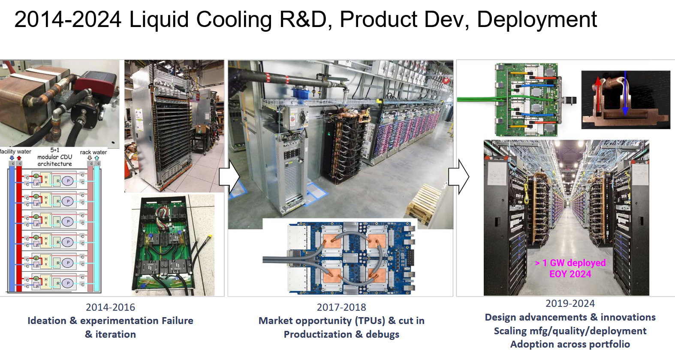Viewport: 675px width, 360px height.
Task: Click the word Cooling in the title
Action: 234,20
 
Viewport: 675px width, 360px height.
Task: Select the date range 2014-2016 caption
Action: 110,307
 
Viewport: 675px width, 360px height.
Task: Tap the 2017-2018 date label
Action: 341,307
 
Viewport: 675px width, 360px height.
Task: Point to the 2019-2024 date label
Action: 570,303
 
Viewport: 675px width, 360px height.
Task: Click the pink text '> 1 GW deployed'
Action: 570,263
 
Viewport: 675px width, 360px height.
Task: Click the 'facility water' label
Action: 15,152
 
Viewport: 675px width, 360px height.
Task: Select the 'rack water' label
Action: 93,152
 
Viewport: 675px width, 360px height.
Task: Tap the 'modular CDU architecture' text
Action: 55,160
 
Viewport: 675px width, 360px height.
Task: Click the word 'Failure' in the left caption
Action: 177,321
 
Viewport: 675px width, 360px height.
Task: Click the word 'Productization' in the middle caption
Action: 318,334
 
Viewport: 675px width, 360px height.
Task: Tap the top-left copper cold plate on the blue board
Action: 330,240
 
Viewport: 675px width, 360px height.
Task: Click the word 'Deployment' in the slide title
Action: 536,20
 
